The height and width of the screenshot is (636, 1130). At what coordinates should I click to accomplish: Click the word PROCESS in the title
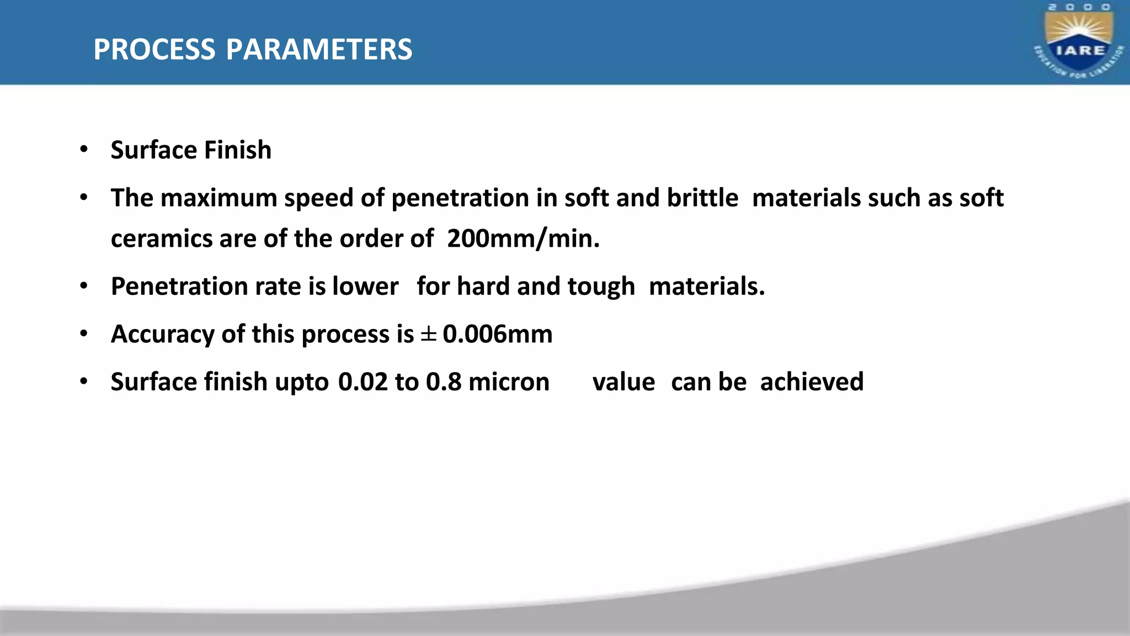(154, 50)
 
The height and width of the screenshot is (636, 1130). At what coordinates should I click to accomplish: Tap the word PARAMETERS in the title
(319, 50)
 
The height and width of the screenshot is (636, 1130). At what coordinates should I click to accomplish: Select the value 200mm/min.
(523, 239)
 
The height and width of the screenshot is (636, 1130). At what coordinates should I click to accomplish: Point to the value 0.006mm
(497, 334)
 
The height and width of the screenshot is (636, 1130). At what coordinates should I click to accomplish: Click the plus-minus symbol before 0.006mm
(429, 334)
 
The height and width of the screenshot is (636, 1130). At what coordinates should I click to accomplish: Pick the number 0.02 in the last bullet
(363, 382)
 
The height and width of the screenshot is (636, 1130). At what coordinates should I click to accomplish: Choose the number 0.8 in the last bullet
(444, 382)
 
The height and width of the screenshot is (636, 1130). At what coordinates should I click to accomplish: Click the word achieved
(812, 382)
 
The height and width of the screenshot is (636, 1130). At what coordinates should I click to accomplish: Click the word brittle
(702, 198)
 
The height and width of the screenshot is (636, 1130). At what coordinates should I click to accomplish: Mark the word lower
(365, 287)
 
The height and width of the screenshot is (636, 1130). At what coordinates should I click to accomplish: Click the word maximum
(218, 198)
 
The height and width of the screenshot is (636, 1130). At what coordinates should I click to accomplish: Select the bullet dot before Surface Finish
(84, 149)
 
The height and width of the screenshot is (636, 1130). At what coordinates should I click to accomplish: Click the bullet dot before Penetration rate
(84, 286)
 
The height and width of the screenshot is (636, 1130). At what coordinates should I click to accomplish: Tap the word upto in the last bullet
(302, 383)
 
